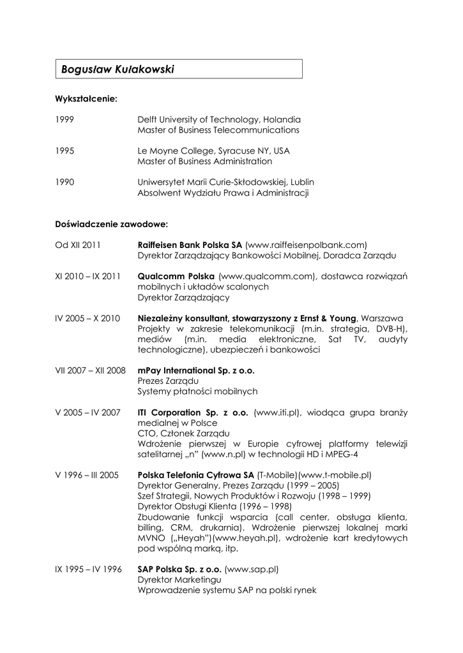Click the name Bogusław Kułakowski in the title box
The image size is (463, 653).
(118, 69)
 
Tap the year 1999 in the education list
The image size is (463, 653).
(65, 119)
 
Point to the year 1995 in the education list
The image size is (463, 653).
(65, 151)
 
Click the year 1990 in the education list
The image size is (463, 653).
(65, 182)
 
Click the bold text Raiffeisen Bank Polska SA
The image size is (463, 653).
(190, 245)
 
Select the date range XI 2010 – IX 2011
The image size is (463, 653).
(87, 276)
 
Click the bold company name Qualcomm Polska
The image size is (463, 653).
(176, 276)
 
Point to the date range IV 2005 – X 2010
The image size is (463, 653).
(87, 318)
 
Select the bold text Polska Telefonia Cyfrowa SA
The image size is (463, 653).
(196, 475)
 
